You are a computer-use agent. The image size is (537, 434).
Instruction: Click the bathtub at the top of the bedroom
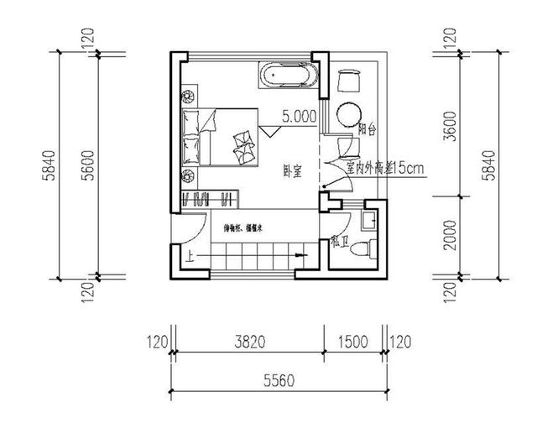click(289, 76)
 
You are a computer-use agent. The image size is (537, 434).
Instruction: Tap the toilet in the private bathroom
click(362, 248)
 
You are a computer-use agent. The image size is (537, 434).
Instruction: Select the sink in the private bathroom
click(368, 221)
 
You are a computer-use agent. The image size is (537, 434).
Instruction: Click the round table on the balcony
click(348, 114)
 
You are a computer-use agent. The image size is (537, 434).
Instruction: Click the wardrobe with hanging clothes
click(210, 199)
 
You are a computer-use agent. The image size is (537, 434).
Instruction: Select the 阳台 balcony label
click(366, 130)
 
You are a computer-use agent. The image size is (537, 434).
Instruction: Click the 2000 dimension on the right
click(450, 237)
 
